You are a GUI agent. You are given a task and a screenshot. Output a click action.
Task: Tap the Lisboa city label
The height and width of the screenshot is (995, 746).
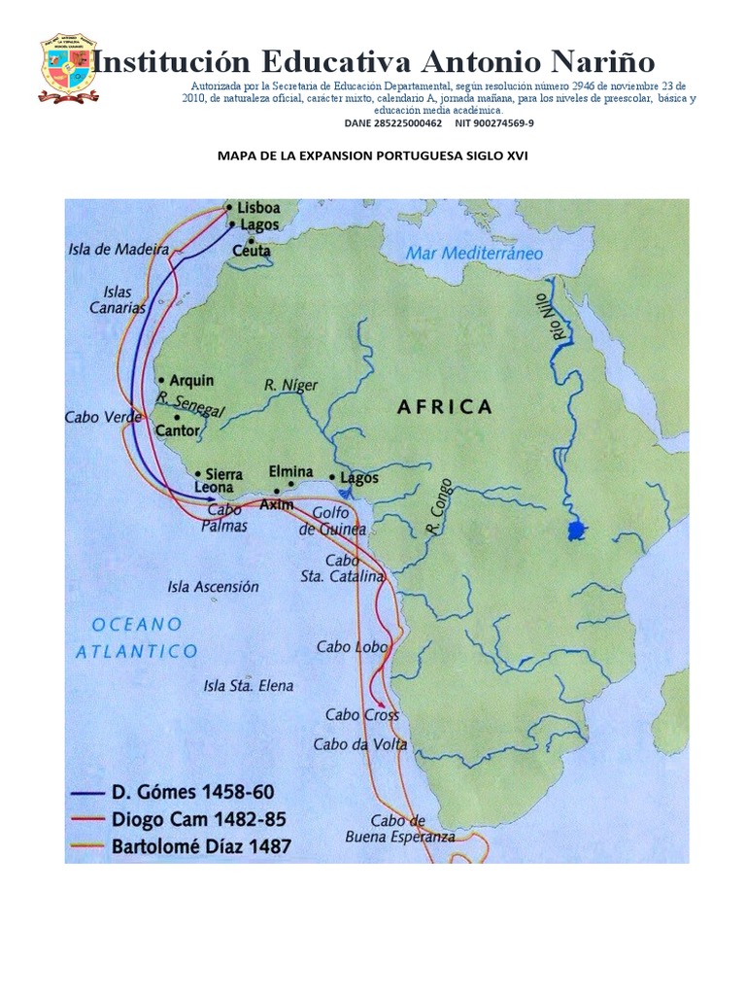pos(259,208)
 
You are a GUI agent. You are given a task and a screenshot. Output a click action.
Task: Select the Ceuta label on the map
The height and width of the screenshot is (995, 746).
pos(252,251)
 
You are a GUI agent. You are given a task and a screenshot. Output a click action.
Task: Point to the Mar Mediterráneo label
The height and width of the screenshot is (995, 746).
pos(474,253)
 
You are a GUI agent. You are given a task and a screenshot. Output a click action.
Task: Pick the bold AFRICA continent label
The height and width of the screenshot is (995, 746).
pos(445,406)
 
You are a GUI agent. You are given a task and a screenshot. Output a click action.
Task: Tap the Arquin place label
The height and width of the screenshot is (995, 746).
pos(191,380)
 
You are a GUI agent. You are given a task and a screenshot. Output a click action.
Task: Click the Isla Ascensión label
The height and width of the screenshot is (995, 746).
pos(213,587)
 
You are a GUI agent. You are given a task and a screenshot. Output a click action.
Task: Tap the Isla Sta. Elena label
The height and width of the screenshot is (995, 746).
pos(248,686)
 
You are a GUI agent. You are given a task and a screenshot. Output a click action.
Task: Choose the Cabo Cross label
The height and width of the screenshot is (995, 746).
pos(361,714)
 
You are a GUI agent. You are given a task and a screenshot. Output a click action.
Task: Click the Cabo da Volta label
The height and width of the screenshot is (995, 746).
pos(359,744)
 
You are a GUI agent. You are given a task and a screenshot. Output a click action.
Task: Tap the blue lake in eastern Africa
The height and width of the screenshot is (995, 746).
pos(576,531)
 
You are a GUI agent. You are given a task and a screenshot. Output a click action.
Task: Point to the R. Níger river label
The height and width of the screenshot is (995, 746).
pos(290,386)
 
